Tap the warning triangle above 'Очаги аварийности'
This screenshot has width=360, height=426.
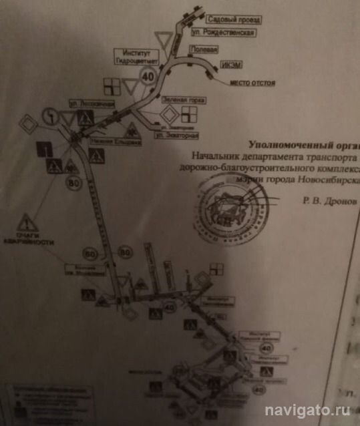pyautogui.click(x=25, y=221)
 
